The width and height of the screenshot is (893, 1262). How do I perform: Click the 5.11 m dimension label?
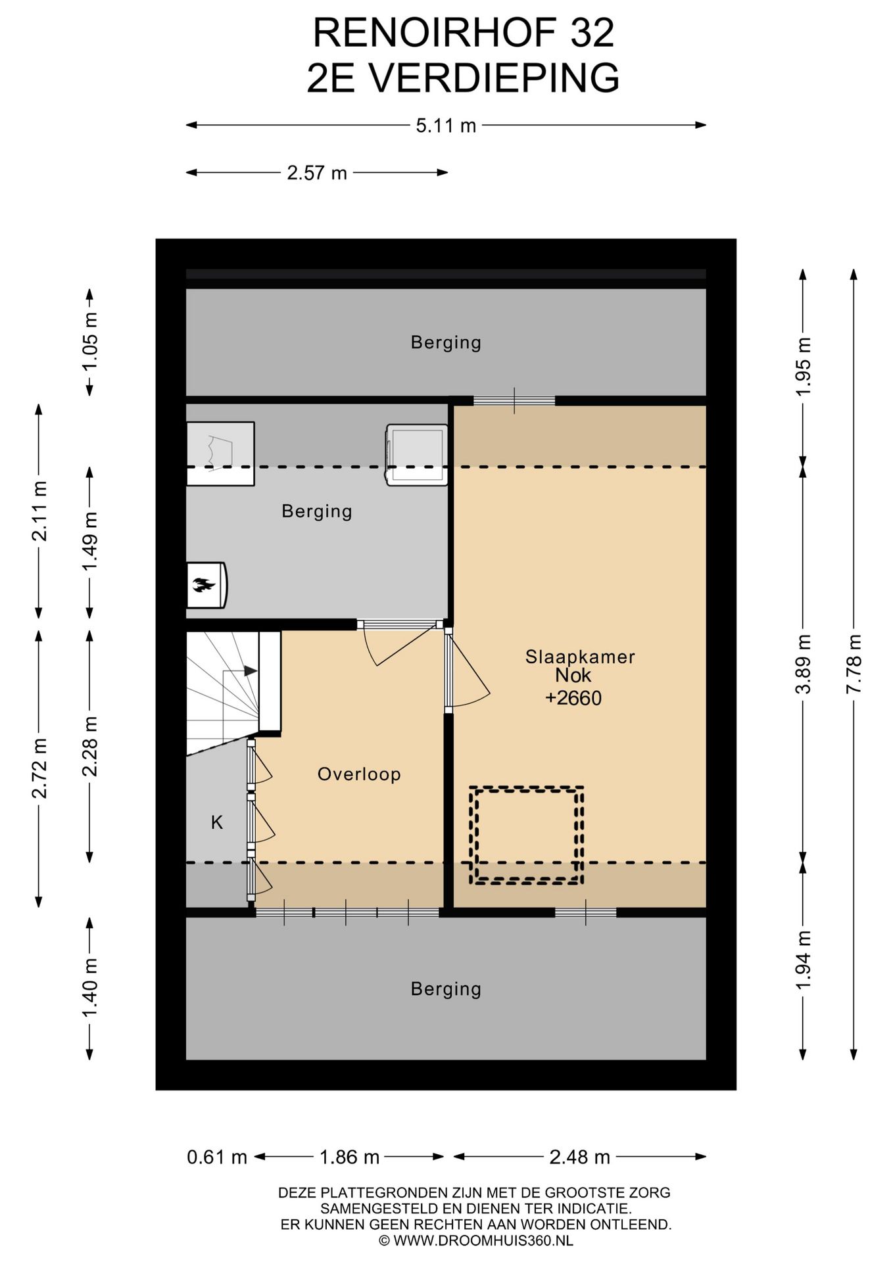pyautogui.click(x=446, y=125)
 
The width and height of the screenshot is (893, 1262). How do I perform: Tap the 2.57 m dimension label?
pyautogui.click(x=317, y=173)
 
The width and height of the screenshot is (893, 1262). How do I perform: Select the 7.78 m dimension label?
pyautogui.click(x=854, y=664)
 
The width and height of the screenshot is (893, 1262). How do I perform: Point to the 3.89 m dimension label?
pyautogui.click(x=803, y=664)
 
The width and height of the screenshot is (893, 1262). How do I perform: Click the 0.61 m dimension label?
pyautogui.click(x=217, y=1157)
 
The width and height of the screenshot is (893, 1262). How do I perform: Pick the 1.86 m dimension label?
pyautogui.click(x=349, y=1157)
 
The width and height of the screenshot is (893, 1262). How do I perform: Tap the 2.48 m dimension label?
pyautogui.click(x=580, y=1157)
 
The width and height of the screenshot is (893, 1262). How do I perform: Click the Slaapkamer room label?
pyautogui.click(x=580, y=657)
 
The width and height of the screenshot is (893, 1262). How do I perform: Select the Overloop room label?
pyautogui.click(x=359, y=774)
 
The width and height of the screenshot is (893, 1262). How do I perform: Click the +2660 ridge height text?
pyautogui.click(x=573, y=698)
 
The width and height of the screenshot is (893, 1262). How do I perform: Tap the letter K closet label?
pyautogui.click(x=217, y=822)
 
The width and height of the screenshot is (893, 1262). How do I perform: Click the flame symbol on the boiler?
pyautogui.click(x=201, y=584)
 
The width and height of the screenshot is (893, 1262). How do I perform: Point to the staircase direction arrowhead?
pyautogui.click(x=251, y=671)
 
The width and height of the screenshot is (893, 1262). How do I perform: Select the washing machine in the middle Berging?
pyautogui.click(x=417, y=455)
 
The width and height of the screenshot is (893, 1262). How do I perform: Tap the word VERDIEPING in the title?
pyautogui.click(x=493, y=78)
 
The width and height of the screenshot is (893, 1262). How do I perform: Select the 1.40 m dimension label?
pyautogui.click(x=89, y=987)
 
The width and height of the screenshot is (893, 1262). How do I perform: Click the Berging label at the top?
pyautogui.click(x=446, y=342)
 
